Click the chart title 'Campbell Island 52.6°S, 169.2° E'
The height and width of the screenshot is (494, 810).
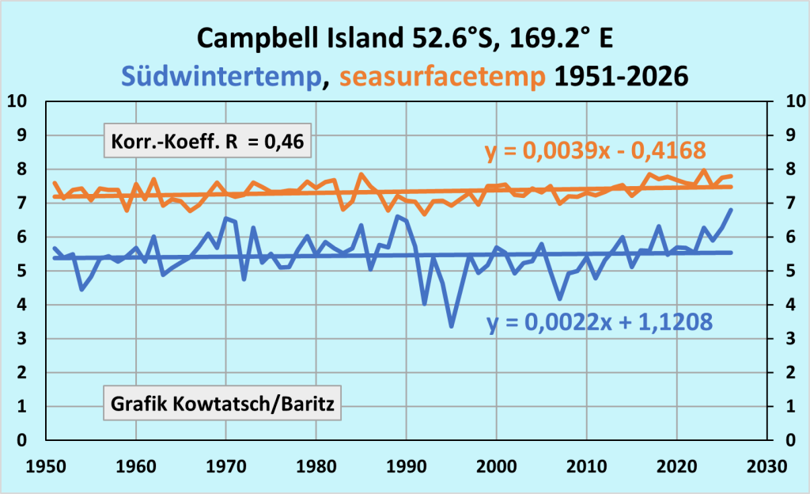[404, 38]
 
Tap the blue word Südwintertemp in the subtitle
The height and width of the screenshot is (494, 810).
[221, 77]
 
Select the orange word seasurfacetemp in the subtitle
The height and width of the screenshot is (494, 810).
[442, 77]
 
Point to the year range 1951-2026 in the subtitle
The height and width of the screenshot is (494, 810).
[622, 77]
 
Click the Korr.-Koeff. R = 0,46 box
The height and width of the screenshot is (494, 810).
[208, 141]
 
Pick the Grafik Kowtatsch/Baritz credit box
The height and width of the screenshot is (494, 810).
[222, 403]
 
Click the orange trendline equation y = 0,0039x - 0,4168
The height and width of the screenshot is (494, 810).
[596, 151]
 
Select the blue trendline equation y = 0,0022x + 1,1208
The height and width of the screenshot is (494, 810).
[600, 322]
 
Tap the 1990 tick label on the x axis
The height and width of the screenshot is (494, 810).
[407, 466]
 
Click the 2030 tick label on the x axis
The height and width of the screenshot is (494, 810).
[767, 466]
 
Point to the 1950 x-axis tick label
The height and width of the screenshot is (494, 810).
[46, 466]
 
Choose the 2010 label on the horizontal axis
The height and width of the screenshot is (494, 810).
[587, 466]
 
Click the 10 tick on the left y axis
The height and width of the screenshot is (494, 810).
[17, 101]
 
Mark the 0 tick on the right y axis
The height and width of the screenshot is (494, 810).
[790, 439]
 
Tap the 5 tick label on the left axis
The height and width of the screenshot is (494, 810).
[21, 270]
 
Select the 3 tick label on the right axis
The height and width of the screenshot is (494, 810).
[790, 339]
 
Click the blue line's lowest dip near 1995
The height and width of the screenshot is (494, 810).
[452, 326]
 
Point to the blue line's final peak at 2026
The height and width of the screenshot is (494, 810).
[731, 209]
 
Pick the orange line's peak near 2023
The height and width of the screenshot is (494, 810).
[704, 170]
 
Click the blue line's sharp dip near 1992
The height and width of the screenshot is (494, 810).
[425, 304]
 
